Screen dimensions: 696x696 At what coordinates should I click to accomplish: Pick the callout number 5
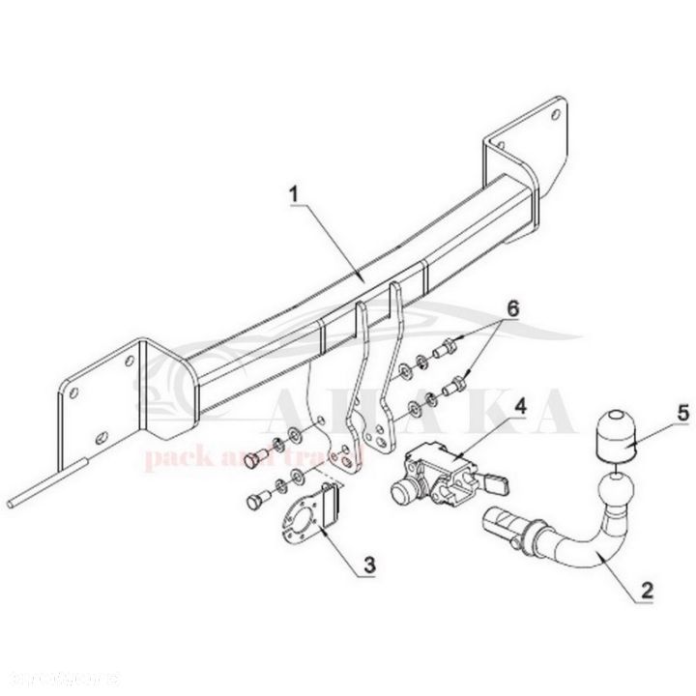coord(656,413)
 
